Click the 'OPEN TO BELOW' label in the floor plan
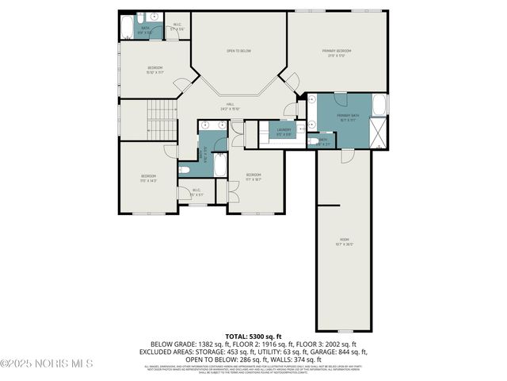(238, 50)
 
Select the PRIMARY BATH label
(348, 117)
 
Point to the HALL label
(230, 106)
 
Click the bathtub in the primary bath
(379, 105)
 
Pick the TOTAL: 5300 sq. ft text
(253, 337)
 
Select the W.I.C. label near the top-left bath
(176, 26)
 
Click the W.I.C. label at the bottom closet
(196, 192)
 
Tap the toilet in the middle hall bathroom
(185, 168)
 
